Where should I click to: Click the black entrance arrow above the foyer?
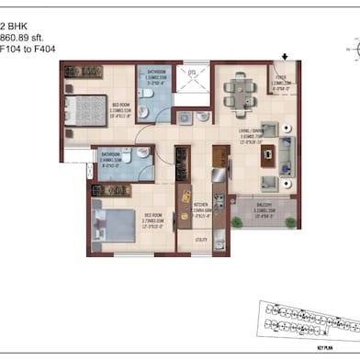pos(285,57)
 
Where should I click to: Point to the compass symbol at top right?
pos(349,44)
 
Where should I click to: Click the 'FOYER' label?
pos(282,79)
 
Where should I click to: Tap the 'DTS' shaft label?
pos(192,71)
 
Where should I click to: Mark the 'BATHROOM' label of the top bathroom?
pos(158,71)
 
